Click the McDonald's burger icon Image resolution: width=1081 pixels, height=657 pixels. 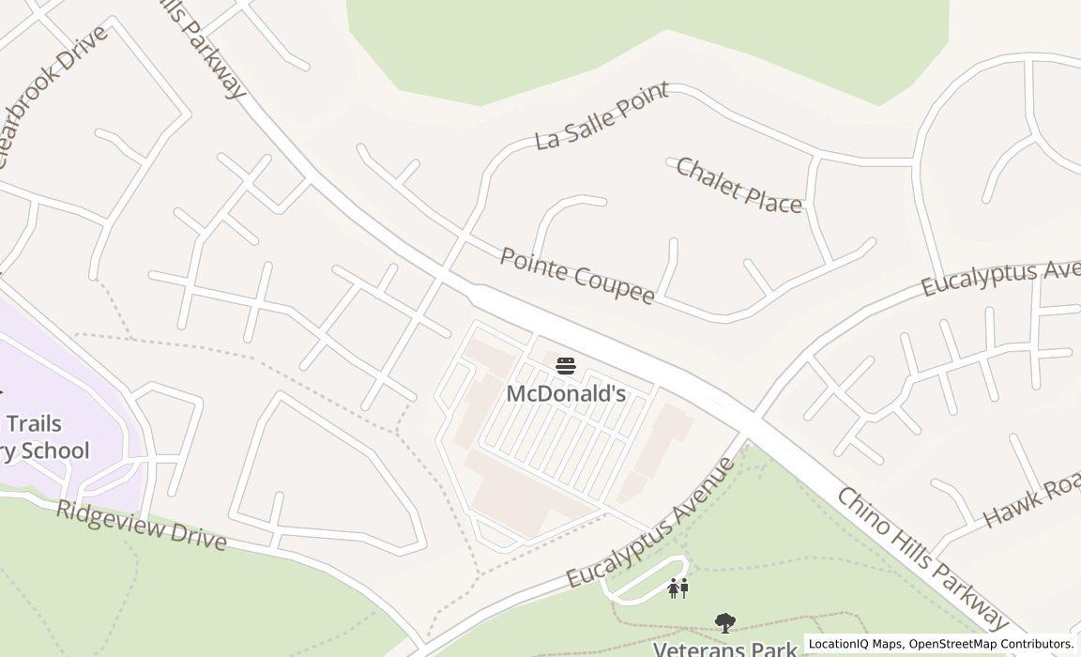tap(566, 365)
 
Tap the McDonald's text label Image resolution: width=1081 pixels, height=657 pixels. tap(566, 393)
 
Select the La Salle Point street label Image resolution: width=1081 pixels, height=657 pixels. tap(601, 115)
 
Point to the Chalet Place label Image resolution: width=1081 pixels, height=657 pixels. tap(738, 185)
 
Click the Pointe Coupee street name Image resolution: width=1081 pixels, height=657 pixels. tap(576, 276)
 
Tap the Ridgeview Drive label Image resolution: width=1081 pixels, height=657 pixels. tap(141, 526)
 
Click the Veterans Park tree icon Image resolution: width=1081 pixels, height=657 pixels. tap(723, 622)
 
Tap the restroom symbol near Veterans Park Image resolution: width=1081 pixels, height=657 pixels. tap(678, 588)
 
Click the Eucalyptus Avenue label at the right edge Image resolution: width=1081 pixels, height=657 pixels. tap(999, 278)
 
